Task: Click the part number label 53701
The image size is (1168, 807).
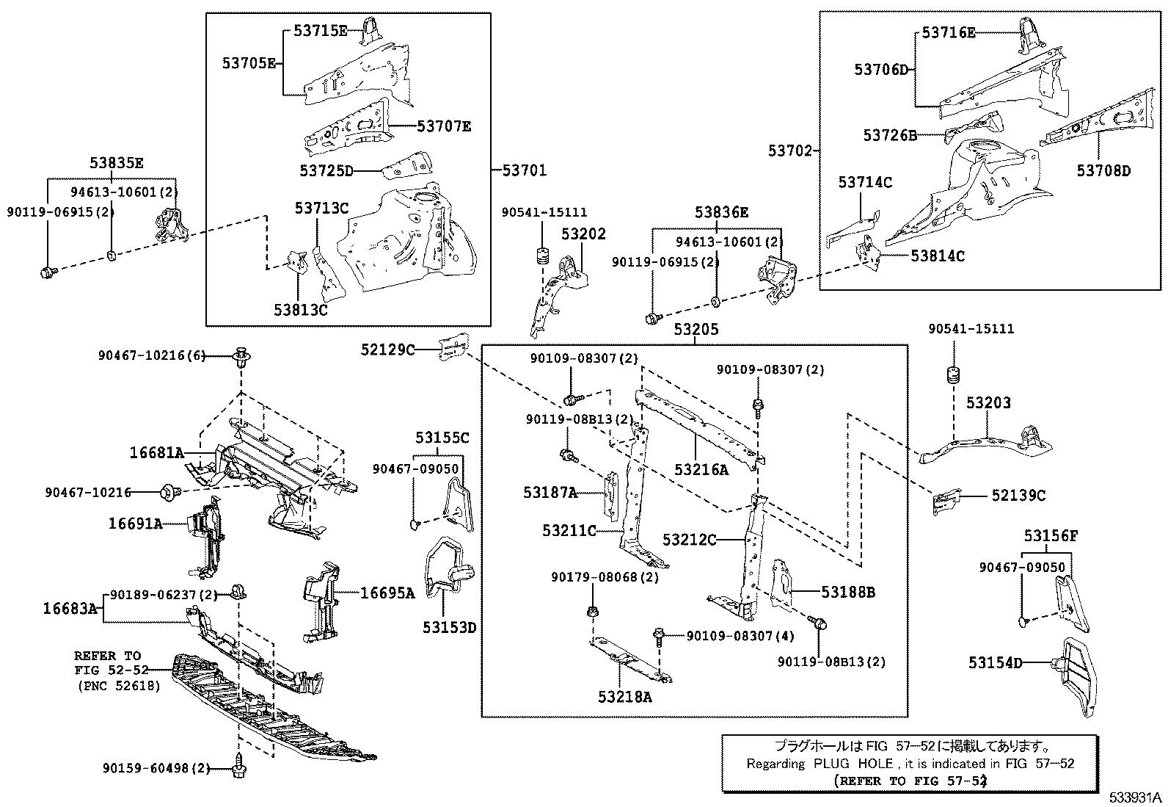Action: tap(524, 170)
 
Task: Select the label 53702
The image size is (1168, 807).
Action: tap(790, 151)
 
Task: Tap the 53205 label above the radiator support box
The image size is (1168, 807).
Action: tap(696, 330)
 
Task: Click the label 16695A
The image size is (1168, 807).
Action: tap(387, 593)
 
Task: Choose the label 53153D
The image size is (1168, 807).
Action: tap(449, 628)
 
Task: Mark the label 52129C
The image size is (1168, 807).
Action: tap(387, 350)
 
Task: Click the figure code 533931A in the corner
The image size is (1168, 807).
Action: tap(1135, 797)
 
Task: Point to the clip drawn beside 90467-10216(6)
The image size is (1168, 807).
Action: tap(241, 358)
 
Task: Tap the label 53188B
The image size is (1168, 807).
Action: tap(847, 592)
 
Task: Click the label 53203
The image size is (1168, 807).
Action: tap(988, 402)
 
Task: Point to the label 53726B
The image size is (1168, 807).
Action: tap(890, 135)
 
